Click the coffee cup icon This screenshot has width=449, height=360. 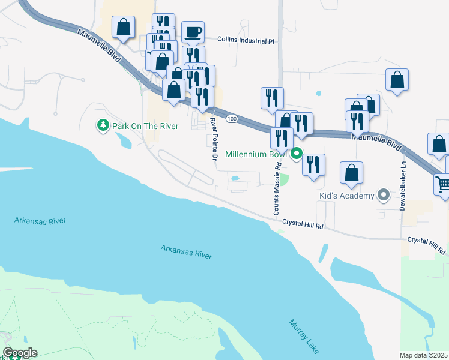pyautogui.click(x=193, y=32)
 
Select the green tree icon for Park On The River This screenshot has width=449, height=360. pyautogui.click(x=103, y=125)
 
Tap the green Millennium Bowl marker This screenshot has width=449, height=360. pyautogui.click(x=296, y=154)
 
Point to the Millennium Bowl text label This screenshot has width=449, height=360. pyautogui.click(x=257, y=154)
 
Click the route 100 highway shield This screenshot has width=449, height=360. pyautogui.click(x=232, y=120)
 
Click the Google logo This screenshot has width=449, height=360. pyautogui.click(x=20, y=353)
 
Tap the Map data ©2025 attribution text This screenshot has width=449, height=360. pyautogui.click(x=424, y=355)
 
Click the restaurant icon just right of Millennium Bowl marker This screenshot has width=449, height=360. pyautogui.click(x=313, y=164)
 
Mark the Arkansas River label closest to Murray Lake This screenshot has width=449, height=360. pyautogui.click(x=186, y=251)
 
